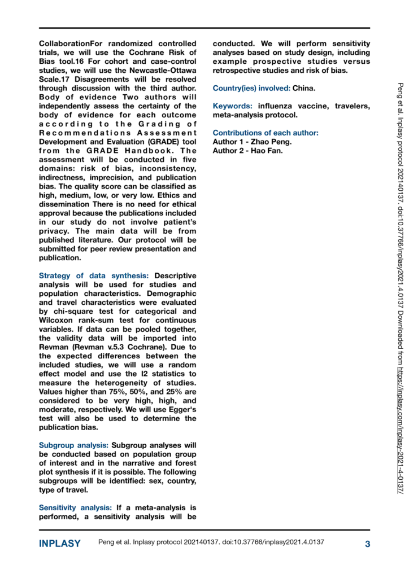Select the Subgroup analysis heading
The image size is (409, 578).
tap(74, 437)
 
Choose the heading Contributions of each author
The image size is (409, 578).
tap(266, 133)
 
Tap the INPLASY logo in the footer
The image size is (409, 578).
tap(60, 544)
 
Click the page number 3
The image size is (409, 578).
tap(367, 544)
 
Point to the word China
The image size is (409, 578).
tap(306, 89)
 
